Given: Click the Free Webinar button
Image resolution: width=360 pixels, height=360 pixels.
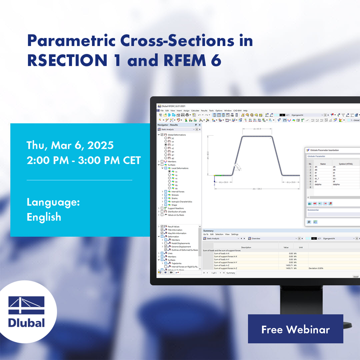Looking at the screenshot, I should pyautogui.click(x=295, y=329).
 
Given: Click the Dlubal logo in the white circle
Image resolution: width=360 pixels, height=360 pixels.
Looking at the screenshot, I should pyautogui.click(x=27, y=313).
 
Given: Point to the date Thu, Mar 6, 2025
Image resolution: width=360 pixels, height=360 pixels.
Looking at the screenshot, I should pyautogui.click(x=70, y=145).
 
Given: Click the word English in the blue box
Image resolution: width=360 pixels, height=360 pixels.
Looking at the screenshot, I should pyautogui.click(x=44, y=217).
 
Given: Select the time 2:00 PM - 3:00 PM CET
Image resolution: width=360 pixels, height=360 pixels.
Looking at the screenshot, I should pyautogui.click(x=84, y=160).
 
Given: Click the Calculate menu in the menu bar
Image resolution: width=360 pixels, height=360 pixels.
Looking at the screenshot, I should pyautogui.click(x=195, y=111).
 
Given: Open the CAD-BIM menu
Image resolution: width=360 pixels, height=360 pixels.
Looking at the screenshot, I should pyautogui.click(x=237, y=111).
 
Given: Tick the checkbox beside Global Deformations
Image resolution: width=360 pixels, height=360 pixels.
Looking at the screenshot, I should pyautogui.click(x=162, y=135).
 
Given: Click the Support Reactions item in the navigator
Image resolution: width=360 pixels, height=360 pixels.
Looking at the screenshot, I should pyautogui.click(x=176, y=208).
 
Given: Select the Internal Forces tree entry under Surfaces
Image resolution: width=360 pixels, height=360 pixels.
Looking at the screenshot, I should pyautogui.click(x=178, y=192).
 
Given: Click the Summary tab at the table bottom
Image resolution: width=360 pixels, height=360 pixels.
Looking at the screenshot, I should pyautogui.click(x=231, y=273).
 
